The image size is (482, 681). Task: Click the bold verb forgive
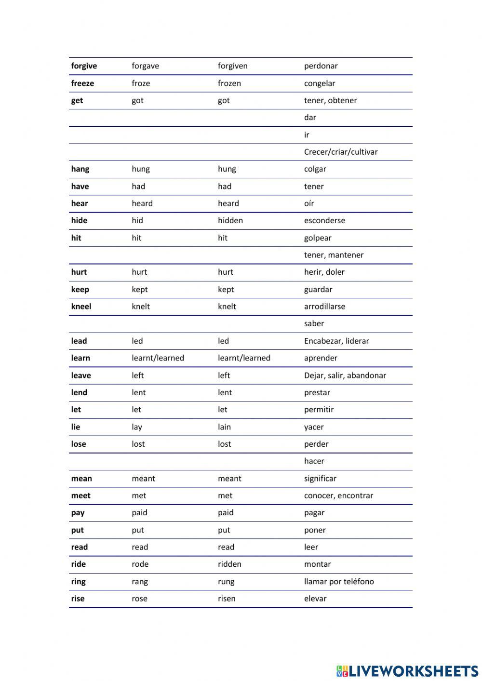pos(84,66)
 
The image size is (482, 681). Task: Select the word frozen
pos(229,83)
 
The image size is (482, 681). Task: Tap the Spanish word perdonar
pos(321,66)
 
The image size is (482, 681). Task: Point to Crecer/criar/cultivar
pos(340,152)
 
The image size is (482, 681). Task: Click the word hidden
pos(230,221)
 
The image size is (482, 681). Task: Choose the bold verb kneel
pos(81,307)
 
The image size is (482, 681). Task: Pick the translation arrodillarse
pos(324,307)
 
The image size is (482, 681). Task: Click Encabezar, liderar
pos(336,341)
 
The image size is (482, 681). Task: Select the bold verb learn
pos(80,358)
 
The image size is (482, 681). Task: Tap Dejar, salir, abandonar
pos(345,375)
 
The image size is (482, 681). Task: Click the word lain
pos(224,427)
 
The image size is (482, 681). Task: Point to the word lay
pos(137,427)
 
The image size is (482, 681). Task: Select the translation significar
pos(320,479)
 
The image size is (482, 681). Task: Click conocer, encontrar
pos(338,495)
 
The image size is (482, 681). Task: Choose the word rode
pos(140,564)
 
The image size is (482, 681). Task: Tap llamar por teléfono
pos(339,582)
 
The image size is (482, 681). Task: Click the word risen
pos(227,599)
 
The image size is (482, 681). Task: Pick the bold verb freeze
pos(82,83)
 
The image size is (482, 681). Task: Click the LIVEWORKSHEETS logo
pos(407,671)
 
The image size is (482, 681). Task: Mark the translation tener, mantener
pos(334,255)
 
